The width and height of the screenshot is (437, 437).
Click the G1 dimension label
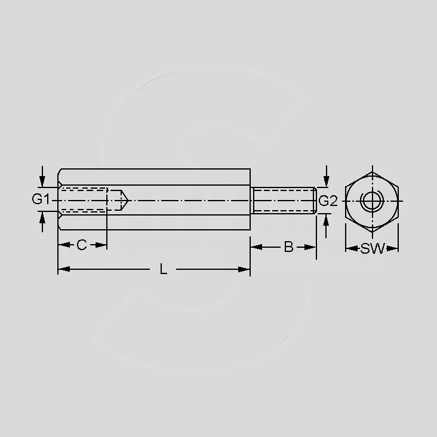point(41,199)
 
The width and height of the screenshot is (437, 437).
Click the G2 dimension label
point(328,201)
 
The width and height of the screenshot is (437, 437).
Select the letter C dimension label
point(82,245)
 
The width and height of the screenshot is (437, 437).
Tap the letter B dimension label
point(289,247)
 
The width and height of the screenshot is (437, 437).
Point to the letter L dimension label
point(164,269)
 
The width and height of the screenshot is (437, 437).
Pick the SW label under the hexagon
point(373,248)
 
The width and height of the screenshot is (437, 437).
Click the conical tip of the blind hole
point(128,201)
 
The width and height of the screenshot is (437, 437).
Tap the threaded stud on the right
point(284,201)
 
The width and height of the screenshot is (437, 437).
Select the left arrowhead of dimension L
point(63,269)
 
